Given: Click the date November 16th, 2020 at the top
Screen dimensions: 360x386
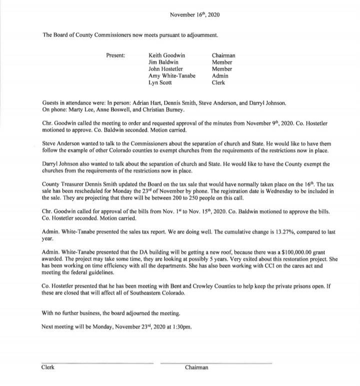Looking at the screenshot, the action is click(194, 15).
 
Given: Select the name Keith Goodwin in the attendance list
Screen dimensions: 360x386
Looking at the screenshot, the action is click(167, 55).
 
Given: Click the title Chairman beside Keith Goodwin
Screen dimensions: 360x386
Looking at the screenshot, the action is click(223, 55).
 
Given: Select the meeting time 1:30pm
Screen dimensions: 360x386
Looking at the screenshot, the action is click(178, 327).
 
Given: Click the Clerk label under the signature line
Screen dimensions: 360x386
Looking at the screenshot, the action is click(48, 367).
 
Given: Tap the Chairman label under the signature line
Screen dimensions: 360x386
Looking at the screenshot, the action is click(196, 367).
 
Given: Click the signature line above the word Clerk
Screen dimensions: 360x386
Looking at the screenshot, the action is click(97, 363).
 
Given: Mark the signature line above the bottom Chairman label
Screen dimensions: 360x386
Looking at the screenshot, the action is click(216, 363).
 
